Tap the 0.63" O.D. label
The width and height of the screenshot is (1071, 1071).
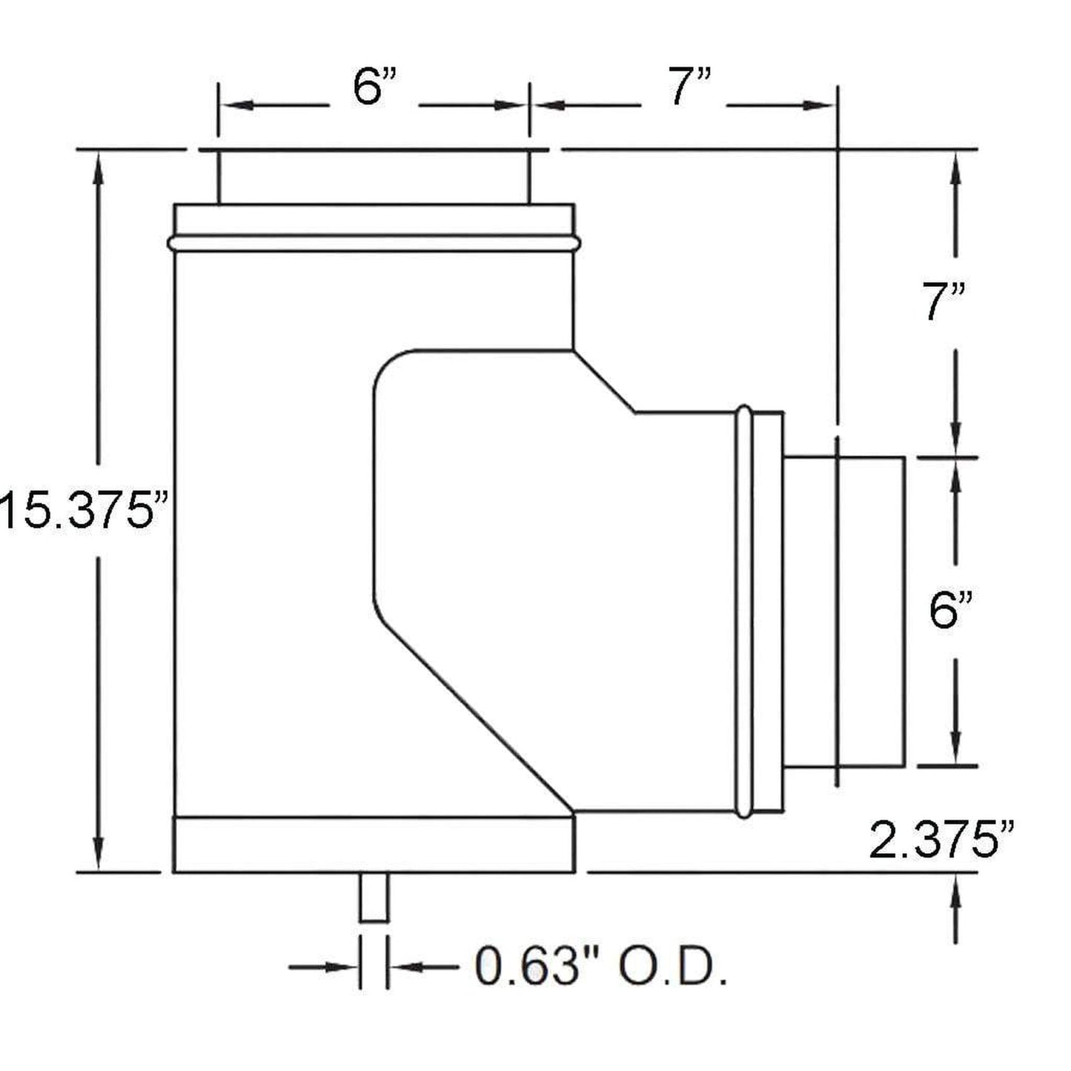pyautogui.click(x=600, y=967)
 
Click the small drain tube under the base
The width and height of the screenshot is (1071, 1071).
pyautogui.click(x=374, y=897)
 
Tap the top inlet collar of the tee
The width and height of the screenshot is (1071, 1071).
pyautogui.click(x=374, y=176)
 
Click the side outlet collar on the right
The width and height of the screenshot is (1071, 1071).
pyautogui.click(x=845, y=611)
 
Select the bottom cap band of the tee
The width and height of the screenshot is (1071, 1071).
pyautogui.click(x=374, y=845)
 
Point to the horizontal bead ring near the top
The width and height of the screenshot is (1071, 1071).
pyautogui.click(x=374, y=242)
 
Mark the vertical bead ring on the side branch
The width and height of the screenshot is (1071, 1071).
pyautogui.click(x=744, y=611)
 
